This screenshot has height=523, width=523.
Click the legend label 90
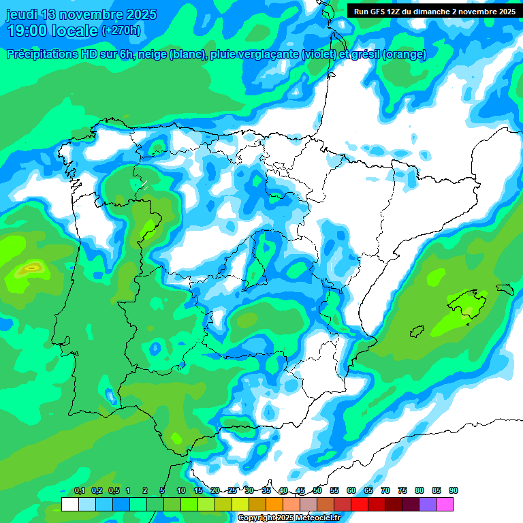454,490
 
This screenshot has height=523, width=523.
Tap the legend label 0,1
79,490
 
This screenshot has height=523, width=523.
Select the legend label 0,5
113,490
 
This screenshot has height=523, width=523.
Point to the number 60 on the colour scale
351,490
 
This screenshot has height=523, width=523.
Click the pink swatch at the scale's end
445,504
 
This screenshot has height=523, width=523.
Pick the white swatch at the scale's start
69,504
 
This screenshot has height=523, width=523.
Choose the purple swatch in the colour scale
428,504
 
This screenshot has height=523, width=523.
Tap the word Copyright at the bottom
257,518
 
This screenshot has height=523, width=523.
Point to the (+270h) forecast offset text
121,31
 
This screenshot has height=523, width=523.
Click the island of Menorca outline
505,289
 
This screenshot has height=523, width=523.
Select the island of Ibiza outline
416,331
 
